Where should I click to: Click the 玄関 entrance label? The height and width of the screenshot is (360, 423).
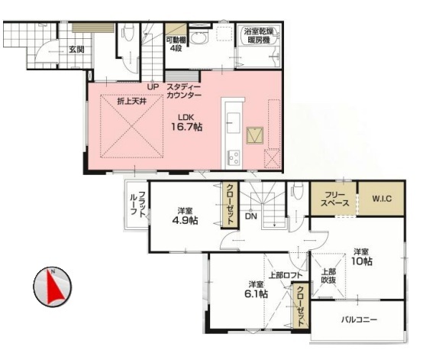[x=76, y=50]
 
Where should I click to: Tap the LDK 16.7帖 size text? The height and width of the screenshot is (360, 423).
[x=186, y=122]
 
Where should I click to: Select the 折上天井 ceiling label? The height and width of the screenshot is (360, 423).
[x=132, y=102]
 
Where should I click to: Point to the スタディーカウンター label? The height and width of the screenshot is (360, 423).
[x=184, y=91]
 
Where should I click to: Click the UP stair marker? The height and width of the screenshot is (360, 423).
[x=153, y=87]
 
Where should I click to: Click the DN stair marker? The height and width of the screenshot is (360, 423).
[x=251, y=216]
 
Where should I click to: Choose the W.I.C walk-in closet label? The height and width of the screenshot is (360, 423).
[x=382, y=199]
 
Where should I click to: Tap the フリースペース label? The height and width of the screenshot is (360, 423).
[x=334, y=199]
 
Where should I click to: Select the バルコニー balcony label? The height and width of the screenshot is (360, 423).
[x=359, y=319]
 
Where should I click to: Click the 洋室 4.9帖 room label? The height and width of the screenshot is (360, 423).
[x=185, y=216]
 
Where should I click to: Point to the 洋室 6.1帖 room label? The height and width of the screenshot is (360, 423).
[x=256, y=289]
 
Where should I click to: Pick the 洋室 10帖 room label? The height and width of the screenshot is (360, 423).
[x=361, y=257]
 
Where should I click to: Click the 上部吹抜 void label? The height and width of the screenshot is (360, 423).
[x=328, y=276]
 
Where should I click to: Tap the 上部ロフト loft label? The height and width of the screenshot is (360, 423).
[x=286, y=275]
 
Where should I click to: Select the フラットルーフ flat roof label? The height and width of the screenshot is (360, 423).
[x=138, y=203]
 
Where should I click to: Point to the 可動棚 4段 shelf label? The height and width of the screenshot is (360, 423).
[x=176, y=44]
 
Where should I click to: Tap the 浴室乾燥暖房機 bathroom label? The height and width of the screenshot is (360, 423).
[x=259, y=36]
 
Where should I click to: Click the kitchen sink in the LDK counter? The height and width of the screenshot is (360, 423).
[x=234, y=122]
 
